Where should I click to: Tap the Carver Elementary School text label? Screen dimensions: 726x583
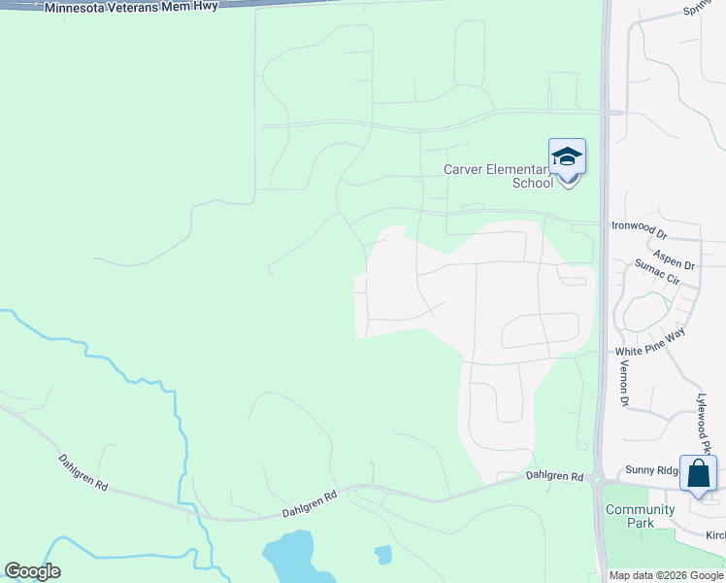click(x=497, y=175)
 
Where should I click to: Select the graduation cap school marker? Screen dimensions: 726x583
click(x=567, y=157)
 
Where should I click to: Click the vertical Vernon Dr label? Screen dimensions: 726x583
click(x=624, y=383)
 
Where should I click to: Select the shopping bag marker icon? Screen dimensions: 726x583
click(x=698, y=474)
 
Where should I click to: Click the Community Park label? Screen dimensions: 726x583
click(x=640, y=516)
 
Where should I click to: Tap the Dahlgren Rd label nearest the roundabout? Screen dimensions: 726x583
click(x=554, y=476)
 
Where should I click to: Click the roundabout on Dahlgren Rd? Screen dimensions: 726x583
click(x=598, y=479)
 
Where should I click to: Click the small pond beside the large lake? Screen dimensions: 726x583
click(x=383, y=555)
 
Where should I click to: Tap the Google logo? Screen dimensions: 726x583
click(x=32, y=571)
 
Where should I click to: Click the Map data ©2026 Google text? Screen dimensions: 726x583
click(x=666, y=575)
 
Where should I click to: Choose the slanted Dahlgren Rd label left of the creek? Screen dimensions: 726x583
click(x=82, y=471)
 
